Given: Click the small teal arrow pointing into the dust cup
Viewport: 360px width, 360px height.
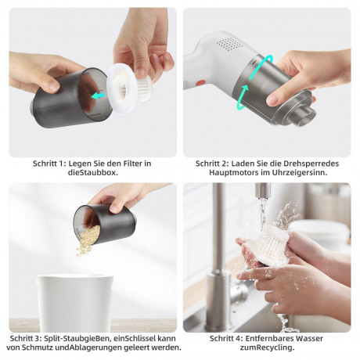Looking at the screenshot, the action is [98, 96].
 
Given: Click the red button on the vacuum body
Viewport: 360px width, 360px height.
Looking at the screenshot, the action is [200, 83].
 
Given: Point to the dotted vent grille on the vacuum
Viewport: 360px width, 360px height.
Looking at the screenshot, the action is [230, 44].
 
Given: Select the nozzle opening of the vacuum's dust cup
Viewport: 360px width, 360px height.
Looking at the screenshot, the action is [306, 117].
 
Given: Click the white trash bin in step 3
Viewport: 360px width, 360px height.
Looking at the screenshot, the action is [75, 303].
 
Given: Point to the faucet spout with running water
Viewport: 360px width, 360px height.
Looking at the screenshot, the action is [263, 190].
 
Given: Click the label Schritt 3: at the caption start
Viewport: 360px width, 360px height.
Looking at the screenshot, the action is [26, 339].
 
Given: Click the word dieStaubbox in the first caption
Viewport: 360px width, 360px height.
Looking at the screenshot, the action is [93, 172].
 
